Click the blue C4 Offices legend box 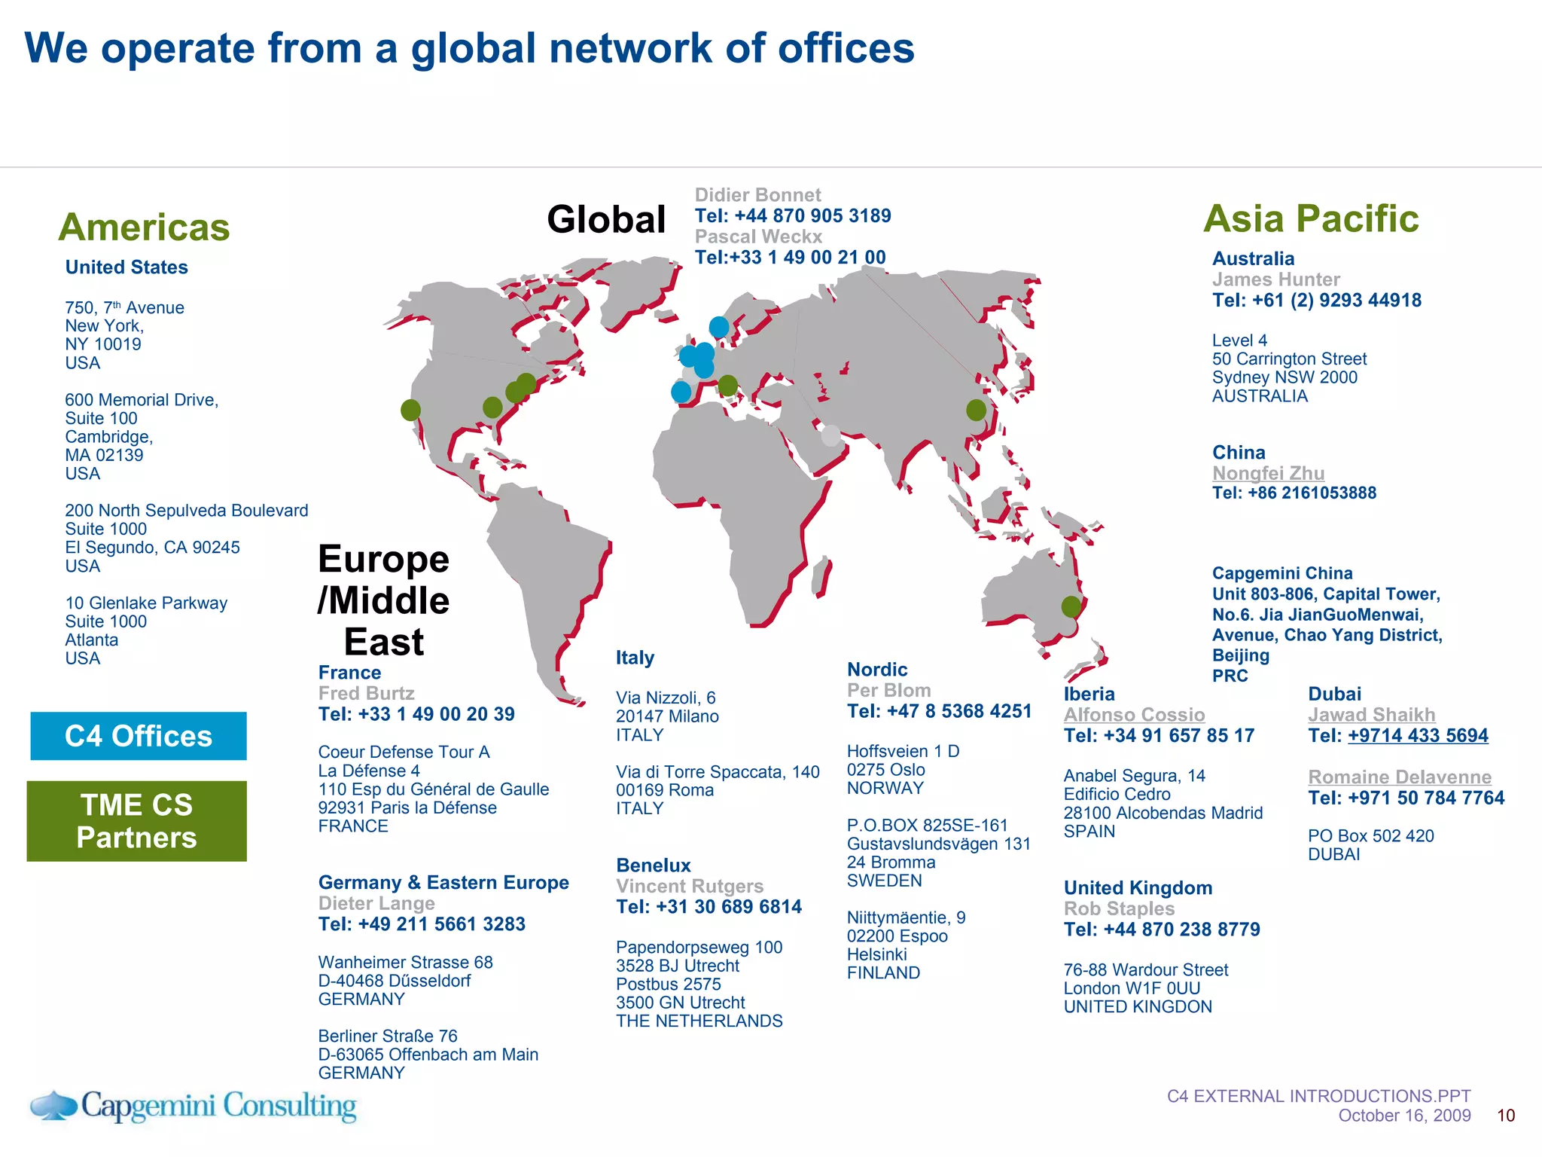[139, 736]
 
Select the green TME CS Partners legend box [137, 821]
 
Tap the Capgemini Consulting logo [194, 1106]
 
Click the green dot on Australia [1071, 606]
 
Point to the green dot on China [976, 410]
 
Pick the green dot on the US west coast [410, 410]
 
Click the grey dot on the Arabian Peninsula [830, 435]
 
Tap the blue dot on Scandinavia [719, 327]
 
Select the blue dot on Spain [681, 392]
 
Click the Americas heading [144, 227]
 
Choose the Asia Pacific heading [1311, 218]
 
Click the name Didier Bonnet [757, 195]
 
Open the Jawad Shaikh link [1371, 715]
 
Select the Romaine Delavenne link [1399, 777]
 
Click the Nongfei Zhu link [1268, 473]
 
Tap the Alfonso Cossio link [1134, 715]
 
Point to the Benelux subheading [653, 865]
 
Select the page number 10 [1506, 1116]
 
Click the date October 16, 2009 [1404, 1116]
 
